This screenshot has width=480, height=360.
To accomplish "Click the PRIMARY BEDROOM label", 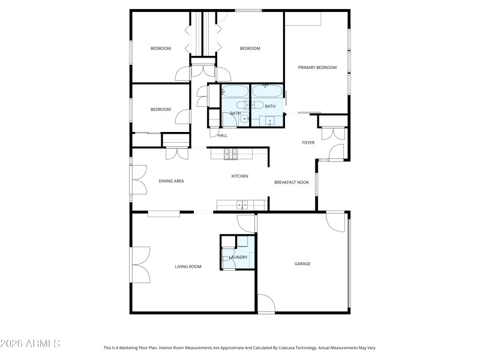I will [x=317, y=68].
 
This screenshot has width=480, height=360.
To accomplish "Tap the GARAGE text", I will [x=302, y=263].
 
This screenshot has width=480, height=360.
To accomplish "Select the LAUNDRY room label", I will [x=238, y=257].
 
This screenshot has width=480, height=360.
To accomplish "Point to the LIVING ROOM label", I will [x=188, y=266].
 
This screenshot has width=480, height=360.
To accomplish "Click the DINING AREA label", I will [x=171, y=181].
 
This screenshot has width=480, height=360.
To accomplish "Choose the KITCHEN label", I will [x=240, y=176].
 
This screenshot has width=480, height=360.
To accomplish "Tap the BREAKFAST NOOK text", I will [x=292, y=182].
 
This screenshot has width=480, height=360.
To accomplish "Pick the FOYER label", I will [x=308, y=143].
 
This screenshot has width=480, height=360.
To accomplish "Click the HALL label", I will [x=223, y=136].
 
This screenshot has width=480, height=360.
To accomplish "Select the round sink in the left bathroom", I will [x=244, y=119].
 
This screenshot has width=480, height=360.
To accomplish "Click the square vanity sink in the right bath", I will [x=270, y=121].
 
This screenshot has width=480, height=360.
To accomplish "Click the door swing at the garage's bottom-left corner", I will [x=266, y=303].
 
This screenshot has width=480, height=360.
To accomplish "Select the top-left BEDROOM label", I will [x=160, y=49].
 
